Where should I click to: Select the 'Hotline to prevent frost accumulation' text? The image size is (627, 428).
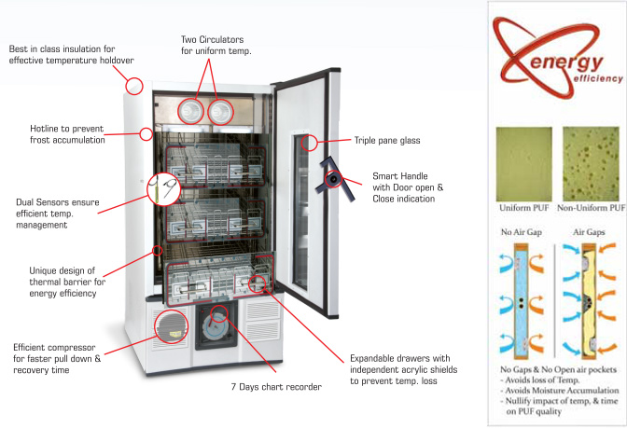coord(66,133)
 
